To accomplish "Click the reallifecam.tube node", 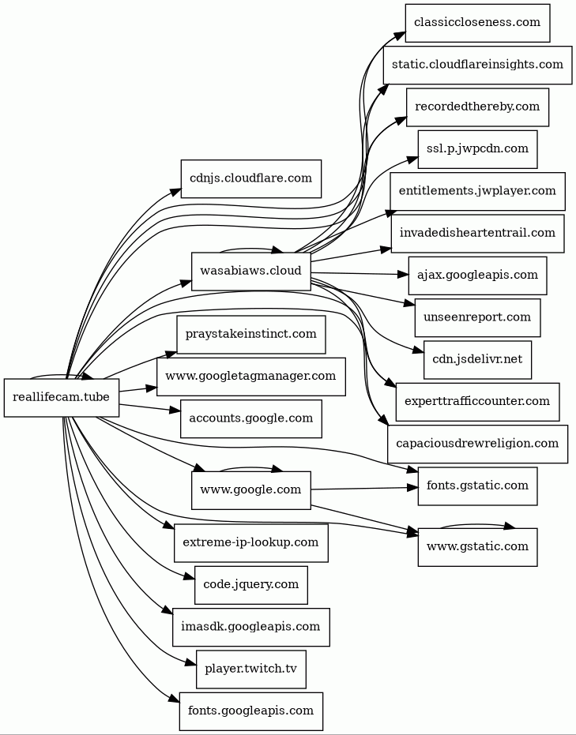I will [62, 397].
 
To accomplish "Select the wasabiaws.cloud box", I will [250, 272].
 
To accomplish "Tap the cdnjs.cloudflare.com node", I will [250, 178].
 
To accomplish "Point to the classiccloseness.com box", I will [477, 23].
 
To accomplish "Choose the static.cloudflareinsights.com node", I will [477, 65].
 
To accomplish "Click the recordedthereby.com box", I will [477, 107].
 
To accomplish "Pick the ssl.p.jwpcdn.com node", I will [477, 149].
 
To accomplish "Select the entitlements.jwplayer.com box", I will [477, 191].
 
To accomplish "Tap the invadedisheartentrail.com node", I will [477, 233].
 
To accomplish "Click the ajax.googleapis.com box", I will [477, 276].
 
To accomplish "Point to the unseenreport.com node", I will [477, 317].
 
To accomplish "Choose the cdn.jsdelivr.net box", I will [477, 359].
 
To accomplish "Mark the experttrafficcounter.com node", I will [477, 402].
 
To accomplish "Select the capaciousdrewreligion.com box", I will [477, 444].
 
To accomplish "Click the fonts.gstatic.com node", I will [477, 486].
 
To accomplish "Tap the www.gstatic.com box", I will [477, 547].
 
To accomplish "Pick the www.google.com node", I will [250, 490].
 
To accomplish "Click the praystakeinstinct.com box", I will [250, 335].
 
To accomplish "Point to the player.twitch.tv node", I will [250, 669].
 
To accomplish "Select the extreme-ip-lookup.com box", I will [250, 543].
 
